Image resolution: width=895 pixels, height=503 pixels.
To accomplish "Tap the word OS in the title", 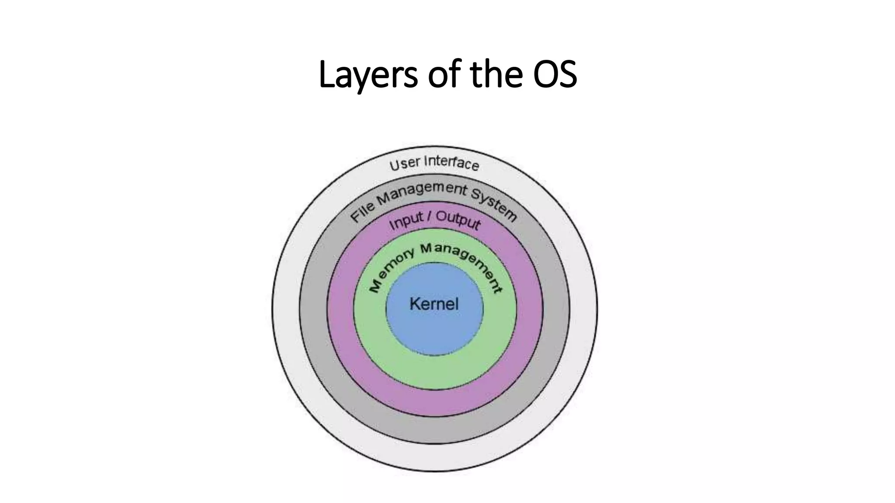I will (x=555, y=75).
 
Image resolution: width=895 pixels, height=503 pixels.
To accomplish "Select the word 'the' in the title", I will (x=496, y=75).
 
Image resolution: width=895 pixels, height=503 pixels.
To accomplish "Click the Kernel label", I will (x=434, y=304).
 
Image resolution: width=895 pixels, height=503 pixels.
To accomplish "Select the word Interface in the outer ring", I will (x=452, y=163).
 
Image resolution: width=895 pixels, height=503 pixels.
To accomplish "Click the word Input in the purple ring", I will (x=406, y=221).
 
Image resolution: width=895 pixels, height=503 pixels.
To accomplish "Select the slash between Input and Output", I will (x=429, y=217).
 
